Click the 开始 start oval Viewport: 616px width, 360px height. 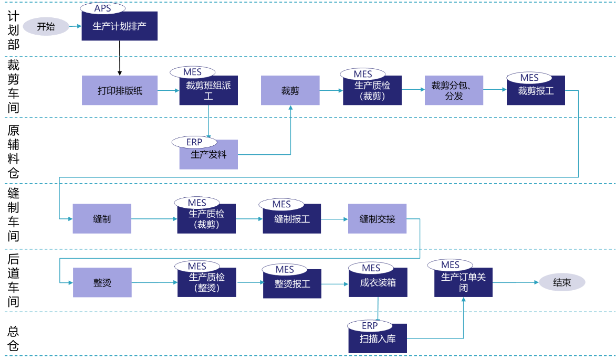[x=46, y=26]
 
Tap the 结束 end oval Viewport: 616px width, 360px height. [x=562, y=282]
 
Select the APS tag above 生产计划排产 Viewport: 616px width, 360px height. [x=102, y=8]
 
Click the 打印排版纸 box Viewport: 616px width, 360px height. [x=120, y=91]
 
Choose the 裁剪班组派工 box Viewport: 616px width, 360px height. [x=208, y=91]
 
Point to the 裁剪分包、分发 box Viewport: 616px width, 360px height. [x=454, y=91]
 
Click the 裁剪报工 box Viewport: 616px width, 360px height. [x=536, y=92]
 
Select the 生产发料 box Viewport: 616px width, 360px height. [x=208, y=156]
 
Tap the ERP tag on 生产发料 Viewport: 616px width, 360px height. [x=194, y=142]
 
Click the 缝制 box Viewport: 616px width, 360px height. [x=102, y=219]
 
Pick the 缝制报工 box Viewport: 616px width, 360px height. [x=292, y=220]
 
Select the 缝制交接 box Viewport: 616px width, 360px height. [x=377, y=219]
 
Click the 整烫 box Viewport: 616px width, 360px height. [x=102, y=283]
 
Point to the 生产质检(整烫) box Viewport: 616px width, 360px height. [x=206, y=283]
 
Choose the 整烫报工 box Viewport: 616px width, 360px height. [x=292, y=284]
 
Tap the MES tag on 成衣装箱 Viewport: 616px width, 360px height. [x=371, y=268]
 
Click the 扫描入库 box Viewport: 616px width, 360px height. [x=377, y=339]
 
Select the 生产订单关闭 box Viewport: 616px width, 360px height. [x=463, y=283]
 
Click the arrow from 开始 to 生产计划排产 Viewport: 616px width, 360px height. [x=75, y=26]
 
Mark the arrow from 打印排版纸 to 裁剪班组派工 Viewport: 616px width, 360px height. [x=168, y=91]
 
